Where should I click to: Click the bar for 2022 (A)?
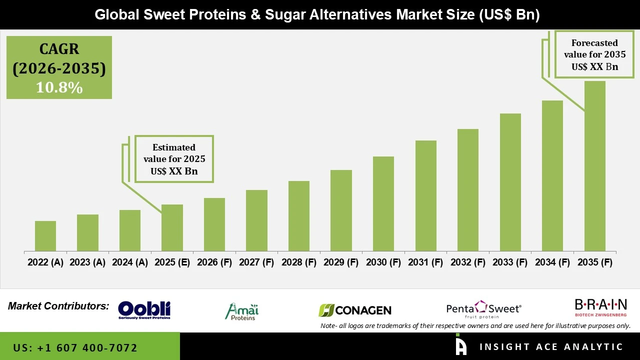45,236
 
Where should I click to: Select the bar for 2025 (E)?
172,227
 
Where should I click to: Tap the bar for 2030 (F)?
383,203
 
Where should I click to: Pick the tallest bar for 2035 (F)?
594,166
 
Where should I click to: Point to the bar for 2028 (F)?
299,216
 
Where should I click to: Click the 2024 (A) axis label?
130,262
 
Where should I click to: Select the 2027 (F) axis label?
256,262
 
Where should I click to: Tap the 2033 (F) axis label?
510,262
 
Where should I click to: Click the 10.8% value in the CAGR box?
59,87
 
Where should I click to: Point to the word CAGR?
59,49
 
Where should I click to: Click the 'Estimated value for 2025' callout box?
174,159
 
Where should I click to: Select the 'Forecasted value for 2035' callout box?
594,54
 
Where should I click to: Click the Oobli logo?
144,310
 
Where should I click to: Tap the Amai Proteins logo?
242,311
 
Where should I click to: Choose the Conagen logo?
355,310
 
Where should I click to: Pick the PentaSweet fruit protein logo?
483,309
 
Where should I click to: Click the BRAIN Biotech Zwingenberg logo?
600,307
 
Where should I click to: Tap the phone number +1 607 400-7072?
75,347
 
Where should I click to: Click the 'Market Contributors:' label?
58,306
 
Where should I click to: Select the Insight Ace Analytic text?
551,347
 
